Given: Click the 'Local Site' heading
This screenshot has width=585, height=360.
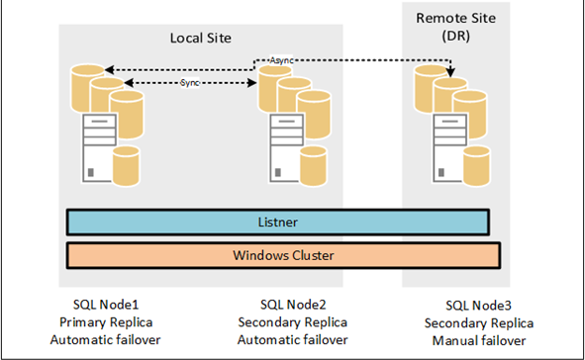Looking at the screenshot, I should [x=201, y=40].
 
